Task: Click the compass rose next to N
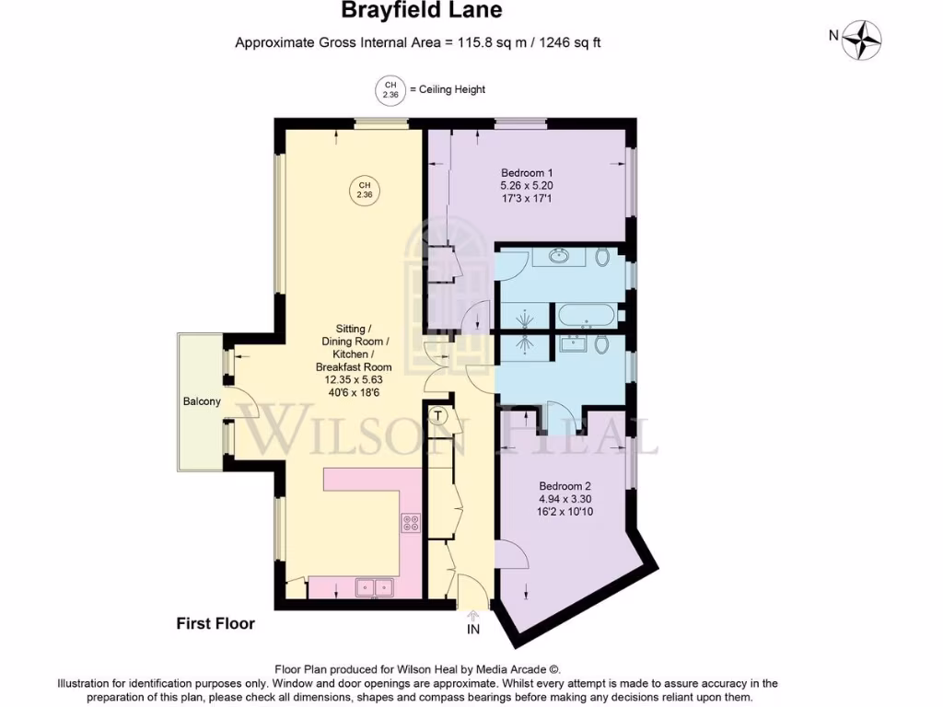tap(863, 39)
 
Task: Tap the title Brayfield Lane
tap(422, 11)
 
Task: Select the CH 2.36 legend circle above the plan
tap(390, 89)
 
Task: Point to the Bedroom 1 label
tap(527, 173)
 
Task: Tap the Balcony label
tap(201, 402)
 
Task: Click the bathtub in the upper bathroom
tap(585, 315)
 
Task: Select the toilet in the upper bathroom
tap(602, 258)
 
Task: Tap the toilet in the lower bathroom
tap(601, 344)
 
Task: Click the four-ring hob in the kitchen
tap(411, 523)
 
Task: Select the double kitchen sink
tap(373, 586)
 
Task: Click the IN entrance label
tap(473, 630)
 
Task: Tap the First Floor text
tap(215, 623)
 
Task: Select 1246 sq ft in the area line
tap(564, 42)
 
